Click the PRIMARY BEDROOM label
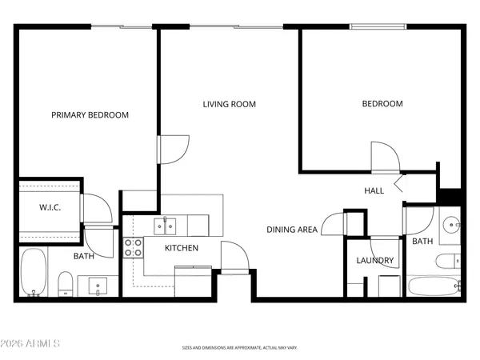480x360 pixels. [90, 115]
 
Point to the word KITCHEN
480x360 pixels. [182, 248]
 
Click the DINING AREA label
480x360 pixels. [292, 230]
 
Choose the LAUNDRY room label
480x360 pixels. [374, 261]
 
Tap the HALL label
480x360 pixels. [374, 191]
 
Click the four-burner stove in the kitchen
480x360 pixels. [133, 247]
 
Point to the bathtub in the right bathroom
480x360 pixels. [433, 286]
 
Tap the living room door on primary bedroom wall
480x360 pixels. [174, 149]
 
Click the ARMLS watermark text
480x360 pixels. [31, 344]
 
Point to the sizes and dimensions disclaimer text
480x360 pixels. [239, 349]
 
